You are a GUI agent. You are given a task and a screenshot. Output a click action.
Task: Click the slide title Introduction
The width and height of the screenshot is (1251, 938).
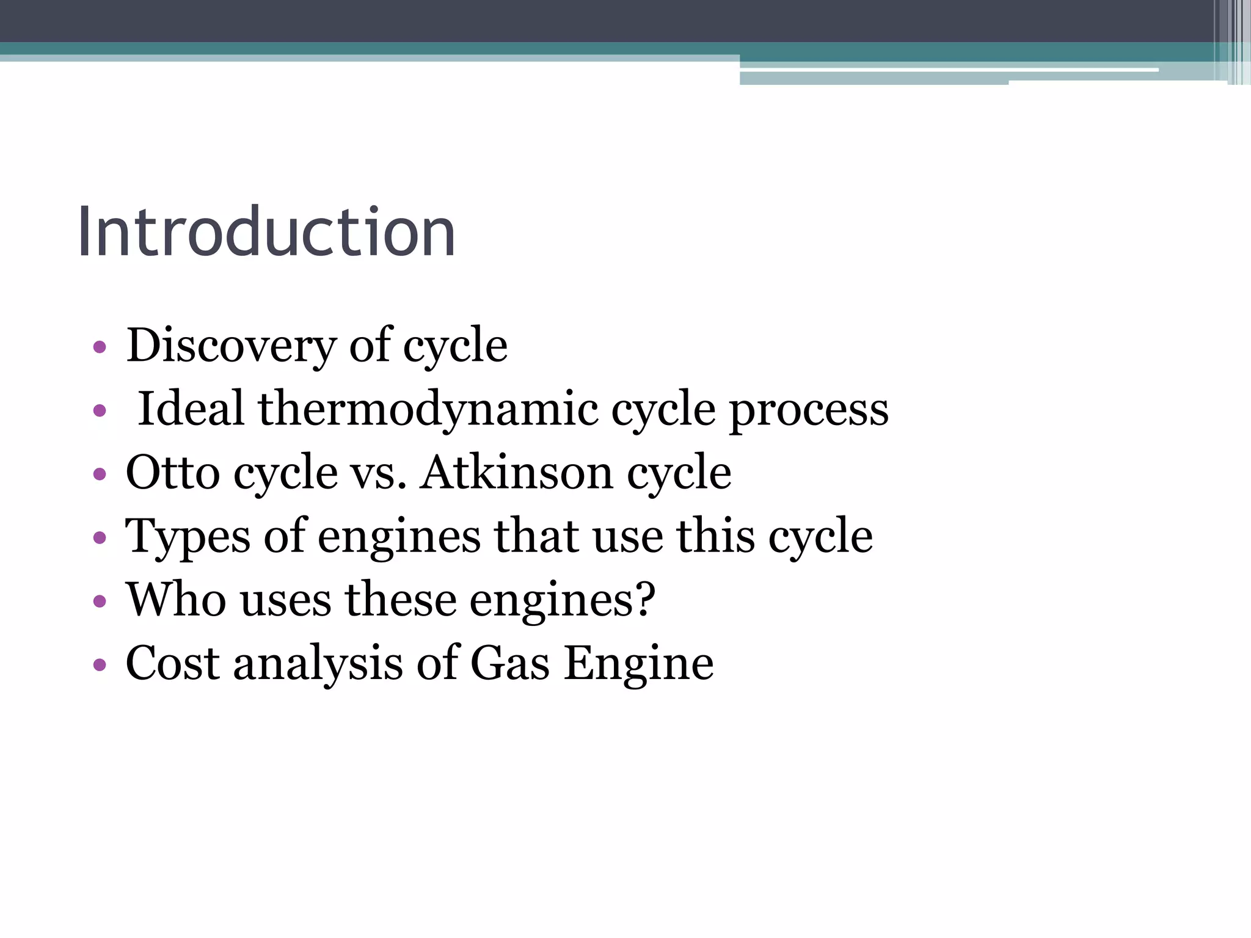point(266,232)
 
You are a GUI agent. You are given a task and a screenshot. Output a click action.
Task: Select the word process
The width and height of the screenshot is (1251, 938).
point(809,409)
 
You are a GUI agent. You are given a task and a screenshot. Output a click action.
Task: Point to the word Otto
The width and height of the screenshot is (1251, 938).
point(172,472)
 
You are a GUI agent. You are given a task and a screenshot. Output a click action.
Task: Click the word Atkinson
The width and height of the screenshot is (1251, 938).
point(516,472)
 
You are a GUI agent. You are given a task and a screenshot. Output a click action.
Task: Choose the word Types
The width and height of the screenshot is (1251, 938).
point(188,536)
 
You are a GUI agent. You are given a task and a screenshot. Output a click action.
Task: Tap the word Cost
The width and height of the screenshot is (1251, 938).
point(172,663)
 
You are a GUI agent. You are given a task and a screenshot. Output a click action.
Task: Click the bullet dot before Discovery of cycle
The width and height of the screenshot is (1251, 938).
point(100,348)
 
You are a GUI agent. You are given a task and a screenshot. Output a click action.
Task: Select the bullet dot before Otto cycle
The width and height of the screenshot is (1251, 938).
point(100,474)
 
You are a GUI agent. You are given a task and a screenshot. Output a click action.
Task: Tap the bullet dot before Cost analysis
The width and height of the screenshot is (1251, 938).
point(100,665)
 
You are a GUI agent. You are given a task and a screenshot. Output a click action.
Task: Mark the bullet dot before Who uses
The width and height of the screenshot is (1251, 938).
point(100,602)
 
